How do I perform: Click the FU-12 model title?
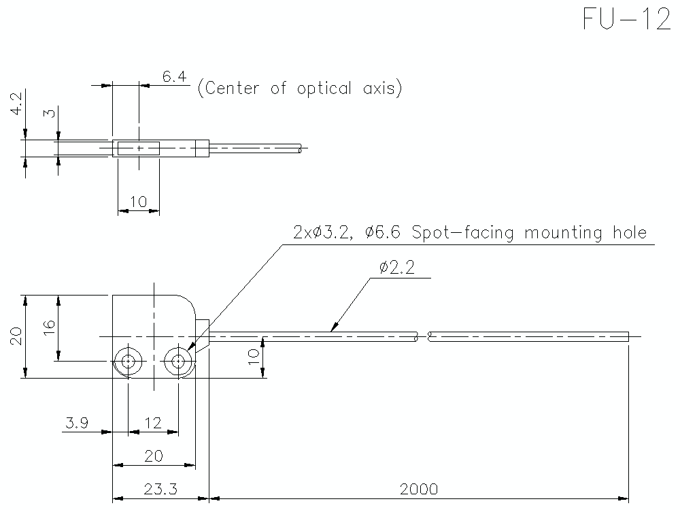[626, 20]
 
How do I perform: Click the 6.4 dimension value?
[175, 76]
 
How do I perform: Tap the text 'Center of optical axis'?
[299, 89]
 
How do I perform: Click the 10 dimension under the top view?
[138, 202]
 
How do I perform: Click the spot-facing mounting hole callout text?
[469, 233]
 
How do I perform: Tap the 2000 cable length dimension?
[419, 489]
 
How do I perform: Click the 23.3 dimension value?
[160, 489]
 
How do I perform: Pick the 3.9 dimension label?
[77, 423]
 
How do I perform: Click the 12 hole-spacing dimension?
[153, 423]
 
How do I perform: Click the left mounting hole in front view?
[127, 361]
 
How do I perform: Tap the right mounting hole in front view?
[179, 361]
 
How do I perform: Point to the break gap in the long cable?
[424, 336]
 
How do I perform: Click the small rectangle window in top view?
[138, 148]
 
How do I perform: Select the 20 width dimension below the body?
[153, 456]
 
